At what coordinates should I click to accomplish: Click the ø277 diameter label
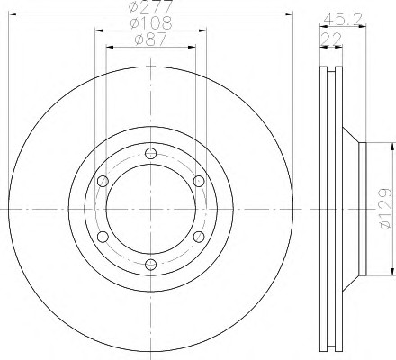(x=151, y=6)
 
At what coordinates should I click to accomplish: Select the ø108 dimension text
(x=151, y=23)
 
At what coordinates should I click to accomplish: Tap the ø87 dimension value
(x=150, y=40)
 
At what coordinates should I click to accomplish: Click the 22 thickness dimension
(x=331, y=39)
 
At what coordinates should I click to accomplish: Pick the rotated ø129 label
(x=385, y=209)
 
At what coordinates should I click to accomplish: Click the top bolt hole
(x=151, y=154)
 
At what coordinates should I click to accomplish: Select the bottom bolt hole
(x=151, y=265)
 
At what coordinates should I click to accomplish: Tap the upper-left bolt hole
(x=103, y=181)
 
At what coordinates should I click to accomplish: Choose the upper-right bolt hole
(x=199, y=181)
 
